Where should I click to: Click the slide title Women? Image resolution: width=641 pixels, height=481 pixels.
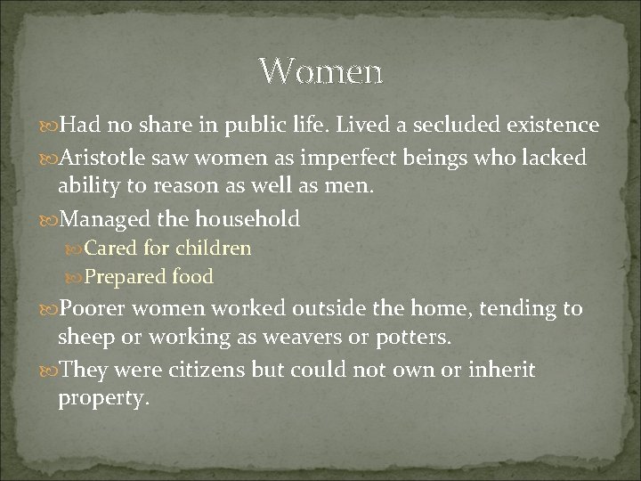tap(320, 70)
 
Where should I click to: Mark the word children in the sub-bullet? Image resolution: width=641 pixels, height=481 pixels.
tap(214, 248)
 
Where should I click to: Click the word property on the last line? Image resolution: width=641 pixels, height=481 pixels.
tap(101, 398)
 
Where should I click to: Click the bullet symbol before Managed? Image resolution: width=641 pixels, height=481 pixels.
tap(49, 218)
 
